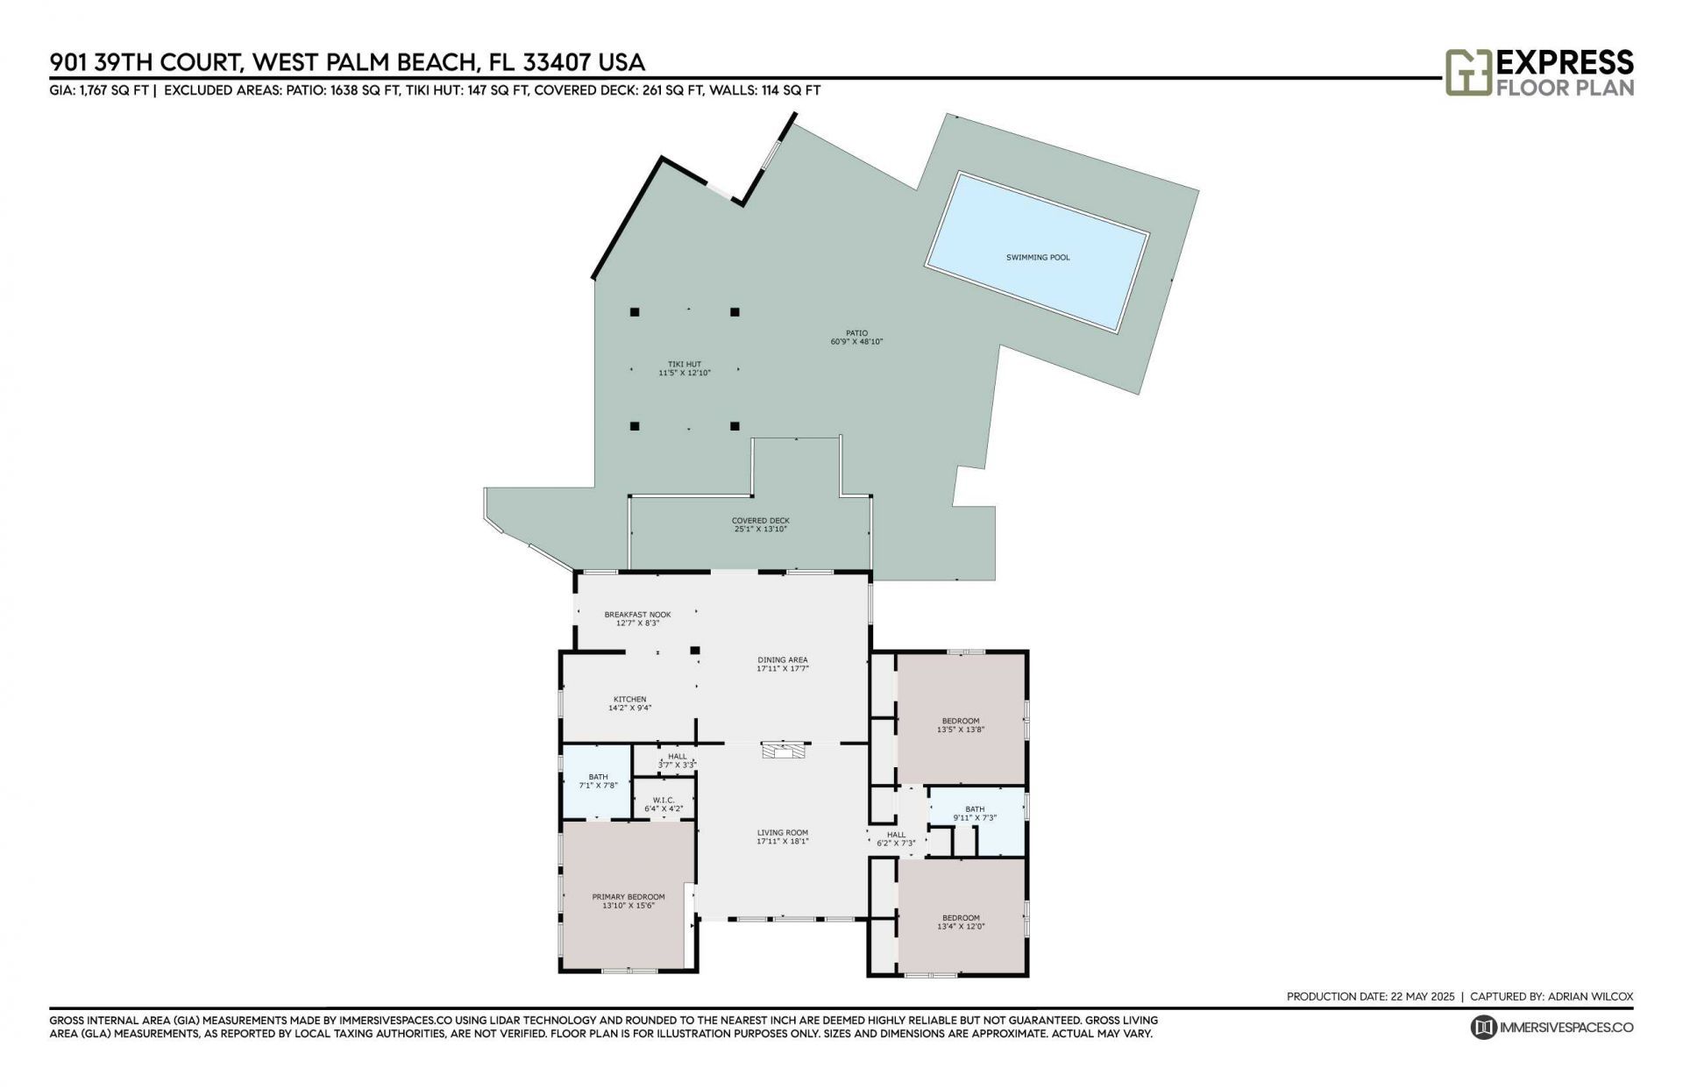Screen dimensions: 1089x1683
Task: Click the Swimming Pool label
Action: coord(1038,258)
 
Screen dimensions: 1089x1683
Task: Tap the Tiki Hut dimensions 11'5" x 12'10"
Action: coord(684,373)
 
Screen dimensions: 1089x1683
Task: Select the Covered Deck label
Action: coord(761,521)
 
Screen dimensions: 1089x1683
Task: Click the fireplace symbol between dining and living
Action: coord(782,751)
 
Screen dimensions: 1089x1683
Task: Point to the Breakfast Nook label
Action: coord(637,615)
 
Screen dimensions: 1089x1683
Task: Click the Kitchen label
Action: coord(629,700)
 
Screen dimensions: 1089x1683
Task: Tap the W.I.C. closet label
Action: coord(663,800)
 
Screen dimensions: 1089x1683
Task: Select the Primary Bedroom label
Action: coord(628,897)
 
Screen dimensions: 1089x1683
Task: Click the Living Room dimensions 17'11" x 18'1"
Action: coord(782,842)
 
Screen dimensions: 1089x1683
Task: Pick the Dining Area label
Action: coord(782,660)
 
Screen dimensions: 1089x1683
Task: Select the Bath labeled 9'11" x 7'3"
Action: coord(975,814)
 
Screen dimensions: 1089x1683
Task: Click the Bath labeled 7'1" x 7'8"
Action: coord(598,781)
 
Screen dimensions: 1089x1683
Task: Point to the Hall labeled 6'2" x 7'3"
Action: coord(896,839)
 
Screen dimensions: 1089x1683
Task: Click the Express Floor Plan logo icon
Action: coord(1468,72)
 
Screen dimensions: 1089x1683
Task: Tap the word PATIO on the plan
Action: coord(856,333)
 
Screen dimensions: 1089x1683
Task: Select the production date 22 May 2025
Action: coord(1421,996)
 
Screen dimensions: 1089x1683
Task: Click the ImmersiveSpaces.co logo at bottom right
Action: coord(1552,1027)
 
